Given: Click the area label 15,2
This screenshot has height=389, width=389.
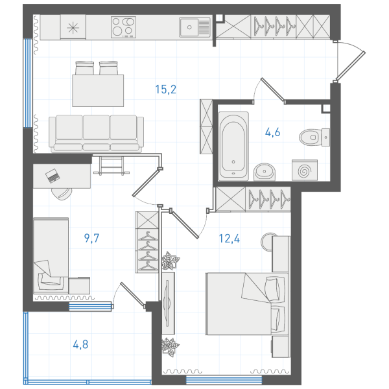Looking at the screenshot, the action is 166,89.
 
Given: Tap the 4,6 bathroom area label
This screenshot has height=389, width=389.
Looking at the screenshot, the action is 272,132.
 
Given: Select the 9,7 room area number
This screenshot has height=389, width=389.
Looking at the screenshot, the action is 91,238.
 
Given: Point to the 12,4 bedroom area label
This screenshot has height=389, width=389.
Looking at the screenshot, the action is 230,239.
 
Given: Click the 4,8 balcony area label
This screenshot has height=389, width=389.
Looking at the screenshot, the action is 80,344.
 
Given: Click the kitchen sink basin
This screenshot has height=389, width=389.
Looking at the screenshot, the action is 194,27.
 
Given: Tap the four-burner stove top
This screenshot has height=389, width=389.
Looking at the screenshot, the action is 123,27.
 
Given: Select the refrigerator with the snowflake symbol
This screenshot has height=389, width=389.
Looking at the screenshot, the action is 73,27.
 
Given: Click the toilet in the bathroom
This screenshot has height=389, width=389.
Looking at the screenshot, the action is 314,137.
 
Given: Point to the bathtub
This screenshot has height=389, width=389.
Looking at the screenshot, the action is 233,146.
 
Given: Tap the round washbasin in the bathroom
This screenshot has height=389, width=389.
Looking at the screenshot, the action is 265,171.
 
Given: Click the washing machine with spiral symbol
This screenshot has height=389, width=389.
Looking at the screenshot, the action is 305,170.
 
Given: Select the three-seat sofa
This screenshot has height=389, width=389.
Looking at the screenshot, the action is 96,134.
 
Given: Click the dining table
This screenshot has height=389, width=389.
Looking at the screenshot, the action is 98,91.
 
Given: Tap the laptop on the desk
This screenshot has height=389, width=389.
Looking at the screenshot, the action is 53,176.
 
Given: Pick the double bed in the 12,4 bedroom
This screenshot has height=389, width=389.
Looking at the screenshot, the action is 247,303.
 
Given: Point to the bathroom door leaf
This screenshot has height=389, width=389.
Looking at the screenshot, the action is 272,90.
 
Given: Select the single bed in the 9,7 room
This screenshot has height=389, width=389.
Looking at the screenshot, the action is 51,255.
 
